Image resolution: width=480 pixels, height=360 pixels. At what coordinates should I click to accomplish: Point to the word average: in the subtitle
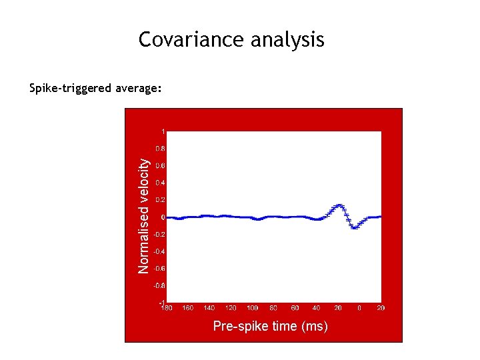[x=139, y=88]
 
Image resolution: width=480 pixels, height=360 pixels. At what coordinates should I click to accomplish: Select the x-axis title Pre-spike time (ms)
[x=270, y=326]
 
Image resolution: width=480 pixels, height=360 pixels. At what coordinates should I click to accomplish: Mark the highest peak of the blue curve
[x=339, y=205]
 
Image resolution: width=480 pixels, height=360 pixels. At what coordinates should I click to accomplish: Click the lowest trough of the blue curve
[x=355, y=227]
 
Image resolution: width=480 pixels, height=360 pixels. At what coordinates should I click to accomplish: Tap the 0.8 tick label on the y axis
[x=160, y=149]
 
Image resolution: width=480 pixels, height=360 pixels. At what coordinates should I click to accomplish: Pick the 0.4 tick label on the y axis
[x=160, y=183]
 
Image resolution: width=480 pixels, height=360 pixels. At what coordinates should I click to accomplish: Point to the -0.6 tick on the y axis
[x=159, y=269]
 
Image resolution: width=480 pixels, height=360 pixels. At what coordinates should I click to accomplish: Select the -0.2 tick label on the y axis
[x=159, y=235]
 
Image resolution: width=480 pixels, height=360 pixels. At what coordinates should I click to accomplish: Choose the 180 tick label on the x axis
[x=167, y=308]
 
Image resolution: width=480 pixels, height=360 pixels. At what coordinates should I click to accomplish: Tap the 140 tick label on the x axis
[x=209, y=308]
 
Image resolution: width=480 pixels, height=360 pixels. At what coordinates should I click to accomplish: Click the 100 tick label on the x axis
[x=252, y=308]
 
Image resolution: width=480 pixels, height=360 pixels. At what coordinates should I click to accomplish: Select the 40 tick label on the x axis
[x=317, y=308]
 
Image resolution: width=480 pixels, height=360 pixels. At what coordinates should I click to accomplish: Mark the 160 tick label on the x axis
[x=189, y=308]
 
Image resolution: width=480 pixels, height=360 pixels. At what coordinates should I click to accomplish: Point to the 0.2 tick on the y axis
[x=160, y=200]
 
